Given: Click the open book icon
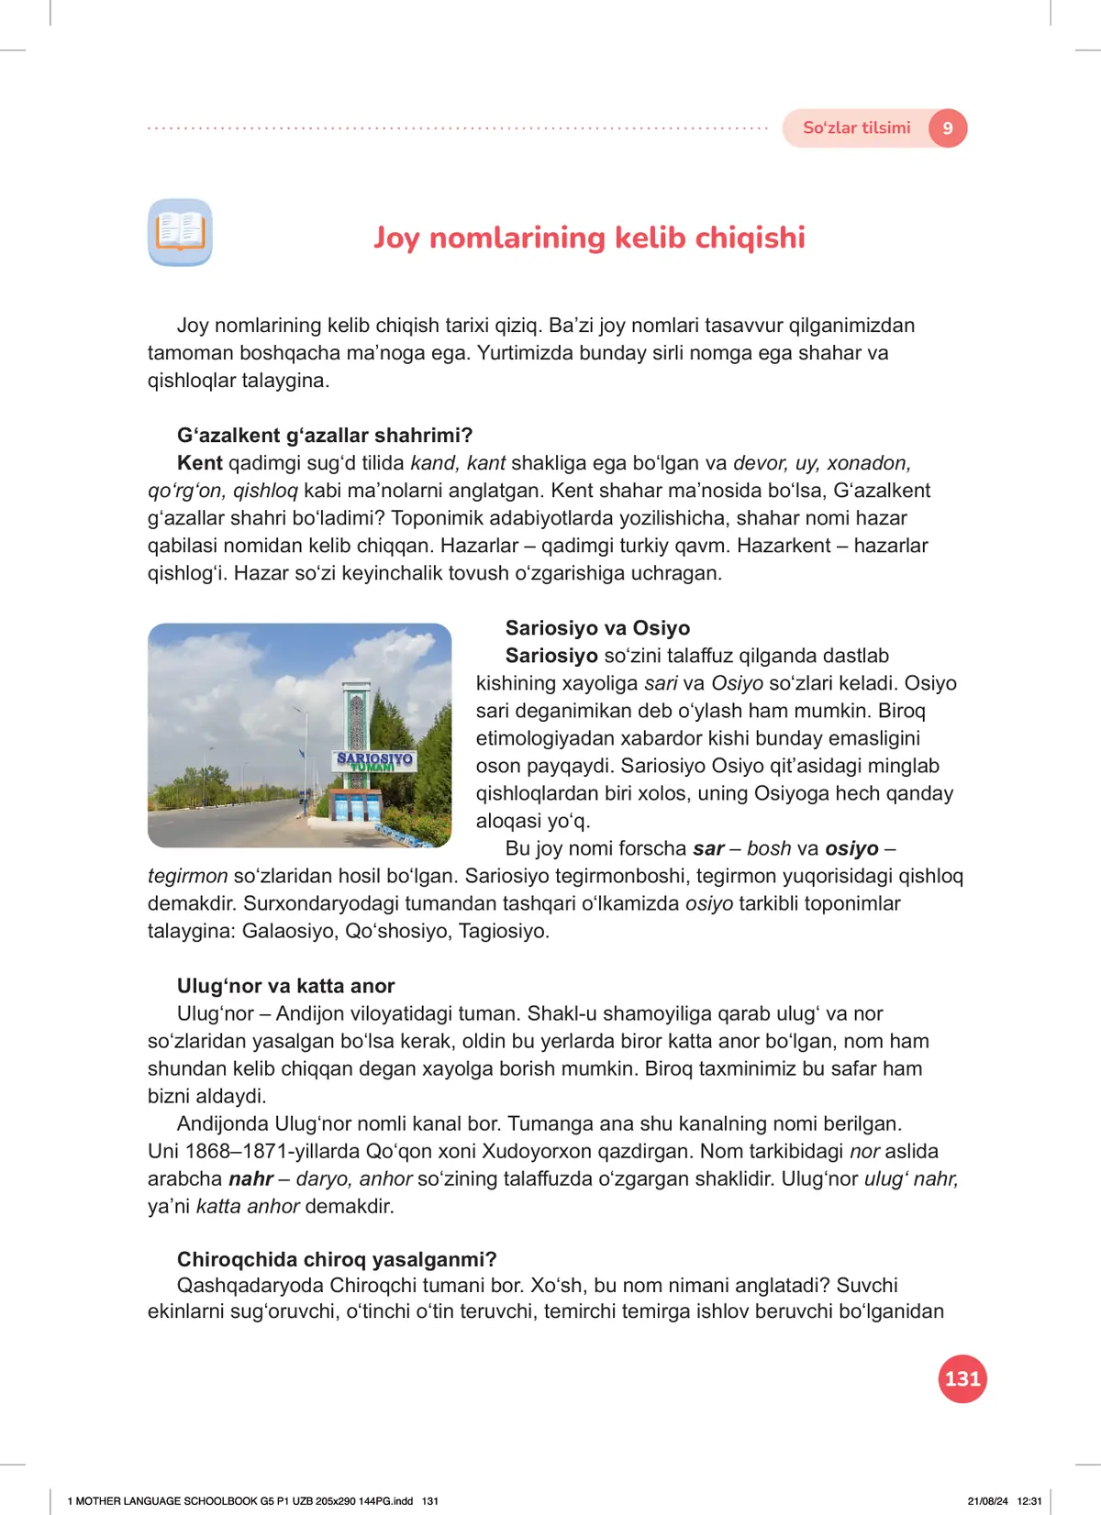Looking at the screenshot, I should [180, 232].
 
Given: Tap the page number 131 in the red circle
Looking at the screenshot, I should [962, 1378].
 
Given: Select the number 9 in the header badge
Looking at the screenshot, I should [948, 128].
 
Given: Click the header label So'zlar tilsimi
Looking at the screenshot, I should [856, 128].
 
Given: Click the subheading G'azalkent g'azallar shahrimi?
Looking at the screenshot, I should [325, 436].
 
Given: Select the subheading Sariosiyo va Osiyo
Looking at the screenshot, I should [597, 628].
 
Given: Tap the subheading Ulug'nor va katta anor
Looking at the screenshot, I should [285, 986].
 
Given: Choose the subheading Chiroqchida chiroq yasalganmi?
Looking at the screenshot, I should [337, 1259].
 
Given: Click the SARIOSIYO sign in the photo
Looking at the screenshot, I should [374, 760].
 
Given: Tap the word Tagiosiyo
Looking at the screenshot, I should [504, 931].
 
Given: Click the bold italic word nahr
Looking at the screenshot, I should [250, 1178].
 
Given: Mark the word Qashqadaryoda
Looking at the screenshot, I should [250, 1285].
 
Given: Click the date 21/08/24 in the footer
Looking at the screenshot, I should [987, 1501].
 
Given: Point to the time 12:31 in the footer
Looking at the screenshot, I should [1029, 1501].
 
